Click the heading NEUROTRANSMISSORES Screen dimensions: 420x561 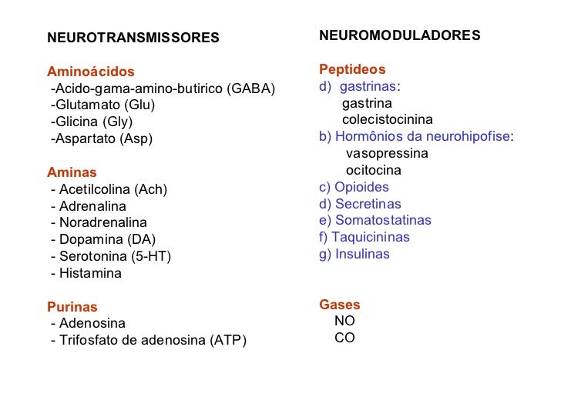pyautogui.click(x=133, y=38)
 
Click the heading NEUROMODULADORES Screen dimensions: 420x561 pyautogui.click(x=399, y=35)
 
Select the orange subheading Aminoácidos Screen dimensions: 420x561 pyautogui.click(x=90, y=72)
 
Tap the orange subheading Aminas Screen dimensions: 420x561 pyautogui.click(x=72, y=172)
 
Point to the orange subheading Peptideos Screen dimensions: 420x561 pyautogui.click(x=352, y=69)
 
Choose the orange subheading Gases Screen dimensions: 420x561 pyautogui.click(x=339, y=305)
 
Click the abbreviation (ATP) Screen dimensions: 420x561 pyautogui.click(x=228, y=340)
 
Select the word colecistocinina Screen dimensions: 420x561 pyautogui.click(x=387, y=120)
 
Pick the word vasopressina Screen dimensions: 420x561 pyautogui.click(x=387, y=153)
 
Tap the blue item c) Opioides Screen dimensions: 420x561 pyautogui.click(x=354, y=187)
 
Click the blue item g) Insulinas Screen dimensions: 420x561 pyautogui.click(x=354, y=254)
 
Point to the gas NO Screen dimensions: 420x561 pyautogui.click(x=344, y=322)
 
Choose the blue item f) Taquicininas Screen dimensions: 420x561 pyautogui.click(x=364, y=237)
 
